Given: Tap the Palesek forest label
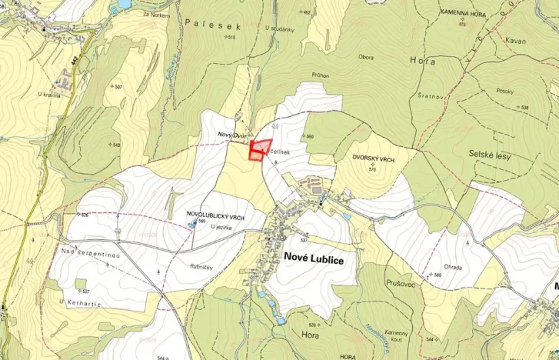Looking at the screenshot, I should (x=213, y=25).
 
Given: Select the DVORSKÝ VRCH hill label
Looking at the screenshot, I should (x=374, y=158).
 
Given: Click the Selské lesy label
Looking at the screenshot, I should (x=489, y=155).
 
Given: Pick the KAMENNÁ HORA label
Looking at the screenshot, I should (x=462, y=14).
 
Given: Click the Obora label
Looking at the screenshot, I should (x=366, y=58).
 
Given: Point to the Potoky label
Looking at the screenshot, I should (x=504, y=91).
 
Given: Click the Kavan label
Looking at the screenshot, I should (x=516, y=40).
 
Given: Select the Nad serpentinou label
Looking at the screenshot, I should (x=86, y=252).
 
